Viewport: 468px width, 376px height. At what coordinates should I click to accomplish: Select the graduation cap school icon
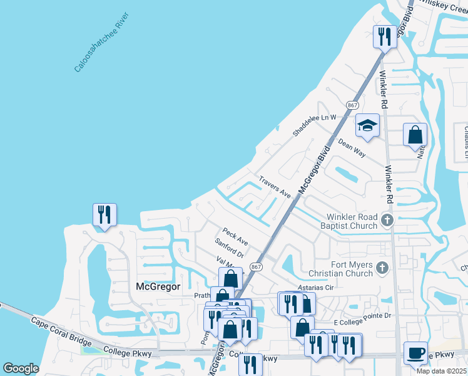367,125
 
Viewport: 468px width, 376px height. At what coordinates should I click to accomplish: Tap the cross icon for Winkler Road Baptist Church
387,220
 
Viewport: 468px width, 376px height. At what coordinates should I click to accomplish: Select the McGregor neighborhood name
158,286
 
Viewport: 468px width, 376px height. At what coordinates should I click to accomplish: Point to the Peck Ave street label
235,236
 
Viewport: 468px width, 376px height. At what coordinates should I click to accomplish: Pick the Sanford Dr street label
228,249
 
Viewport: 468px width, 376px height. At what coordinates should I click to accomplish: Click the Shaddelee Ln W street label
315,125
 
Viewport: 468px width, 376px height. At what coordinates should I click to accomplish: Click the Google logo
21,368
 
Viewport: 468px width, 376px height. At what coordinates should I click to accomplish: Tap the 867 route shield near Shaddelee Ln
352,104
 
